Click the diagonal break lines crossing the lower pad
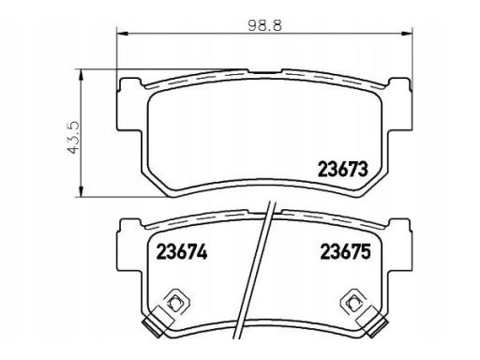(x=268, y=272)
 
